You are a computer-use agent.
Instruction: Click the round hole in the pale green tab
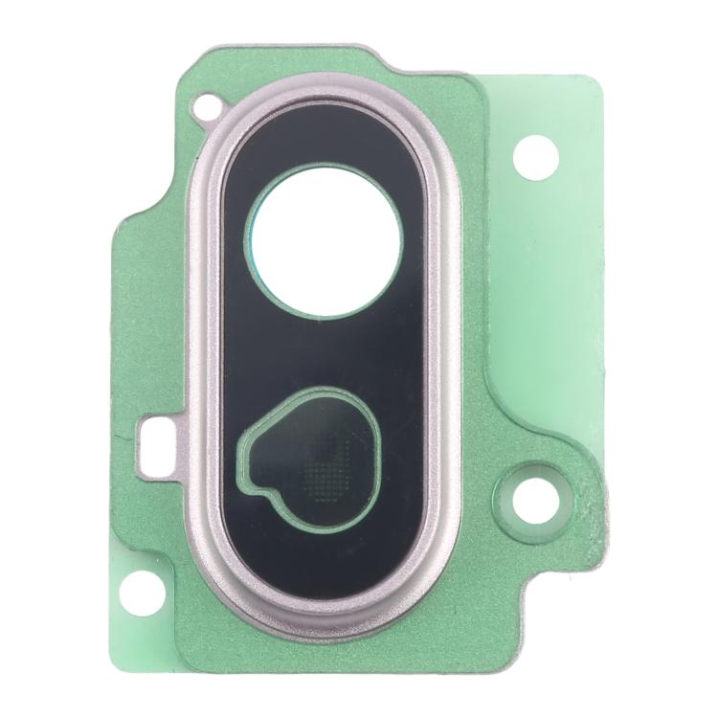coord(535,156)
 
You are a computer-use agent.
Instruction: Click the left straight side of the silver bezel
coord(204,354)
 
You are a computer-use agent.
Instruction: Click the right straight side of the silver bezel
coord(445,354)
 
